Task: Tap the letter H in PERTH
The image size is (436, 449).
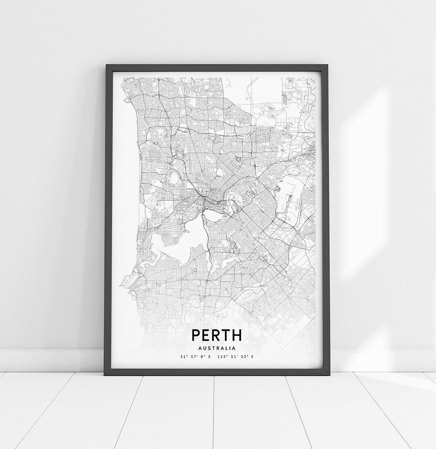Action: coord(236,335)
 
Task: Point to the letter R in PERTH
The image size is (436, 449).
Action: coord(216,335)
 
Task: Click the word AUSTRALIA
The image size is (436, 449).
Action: coord(217,348)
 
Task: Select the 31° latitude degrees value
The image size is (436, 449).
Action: coord(184,357)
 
